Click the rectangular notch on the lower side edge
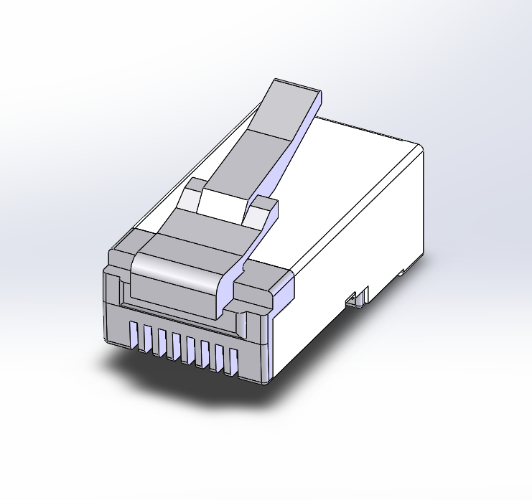point(355,298)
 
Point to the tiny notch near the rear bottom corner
point(404,272)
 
